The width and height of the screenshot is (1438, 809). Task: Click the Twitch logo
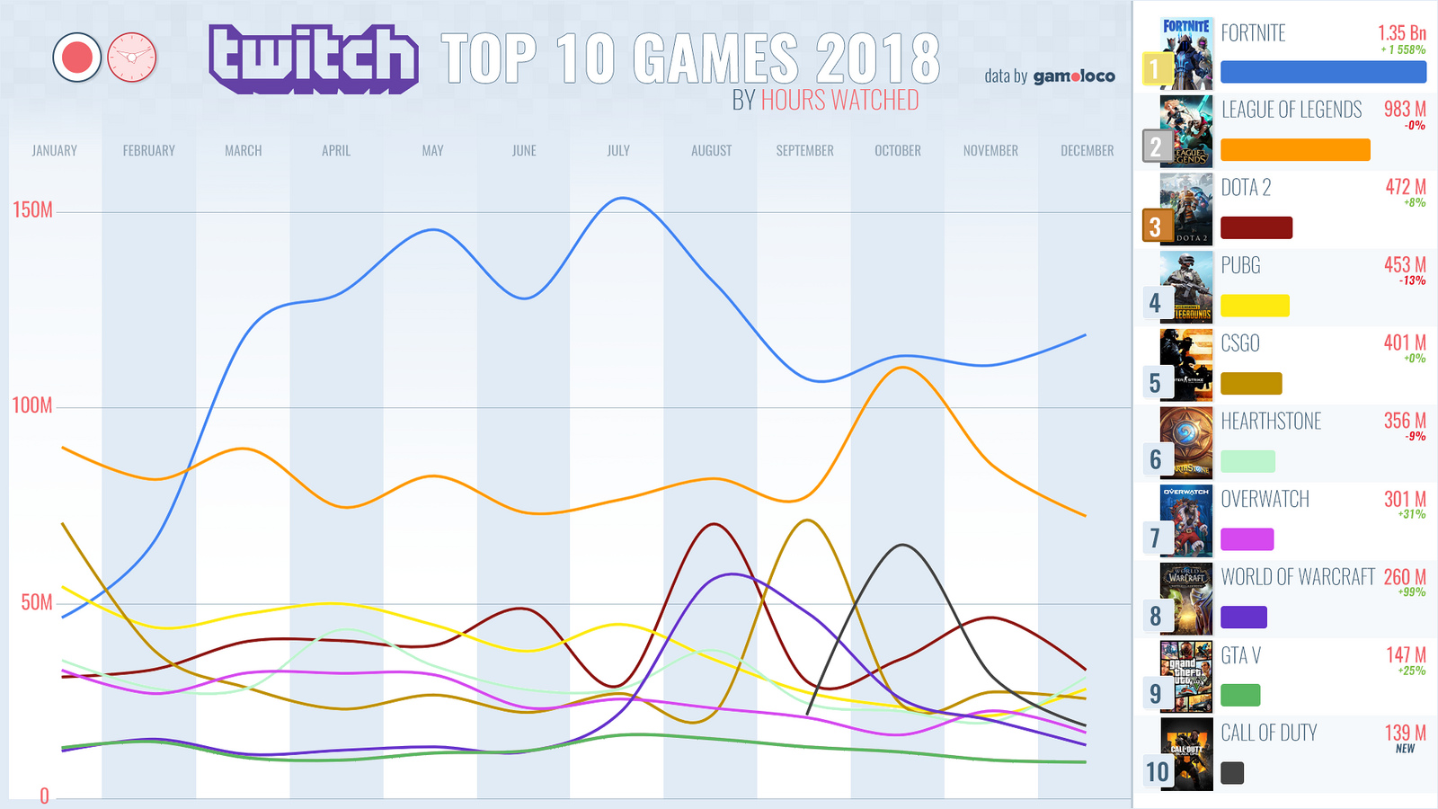pyautogui.click(x=313, y=59)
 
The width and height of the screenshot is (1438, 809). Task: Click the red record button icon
pyautogui.click(x=77, y=58)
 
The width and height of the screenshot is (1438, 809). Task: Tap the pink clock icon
pyautogui.click(x=132, y=58)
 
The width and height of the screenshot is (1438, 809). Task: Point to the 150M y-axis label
pyautogui.click(x=32, y=210)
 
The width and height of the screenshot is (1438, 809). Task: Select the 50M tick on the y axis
pyautogui.click(x=37, y=602)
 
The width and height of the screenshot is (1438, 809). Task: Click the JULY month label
pyautogui.click(x=618, y=151)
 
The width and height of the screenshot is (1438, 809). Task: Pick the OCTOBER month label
pyautogui.click(x=898, y=151)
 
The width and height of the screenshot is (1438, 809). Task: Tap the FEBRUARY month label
pyautogui.click(x=149, y=151)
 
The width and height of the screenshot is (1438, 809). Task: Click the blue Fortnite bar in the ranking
pyautogui.click(x=1323, y=72)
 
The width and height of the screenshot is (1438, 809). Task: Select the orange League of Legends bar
pyautogui.click(x=1295, y=150)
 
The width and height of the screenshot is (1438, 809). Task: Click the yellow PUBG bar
pyautogui.click(x=1255, y=306)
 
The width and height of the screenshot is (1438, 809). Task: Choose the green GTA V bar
pyautogui.click(x=1240, y=695)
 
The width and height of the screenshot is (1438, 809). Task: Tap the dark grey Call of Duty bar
pyautogui.click(x=1232, y=773)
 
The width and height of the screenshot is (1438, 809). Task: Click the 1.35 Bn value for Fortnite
pyautogui.click(x=1401, y=33)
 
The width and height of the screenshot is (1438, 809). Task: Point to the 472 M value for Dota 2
pyautogui.click(x=1405, y=187)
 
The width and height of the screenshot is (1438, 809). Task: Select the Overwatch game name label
pyautogui.click(x=1265, y=499)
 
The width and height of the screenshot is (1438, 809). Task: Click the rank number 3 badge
pyautogui.click(x=1155, y=227)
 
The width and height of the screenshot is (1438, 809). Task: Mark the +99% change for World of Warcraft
pyautogui.click(x=1411, y=592)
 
